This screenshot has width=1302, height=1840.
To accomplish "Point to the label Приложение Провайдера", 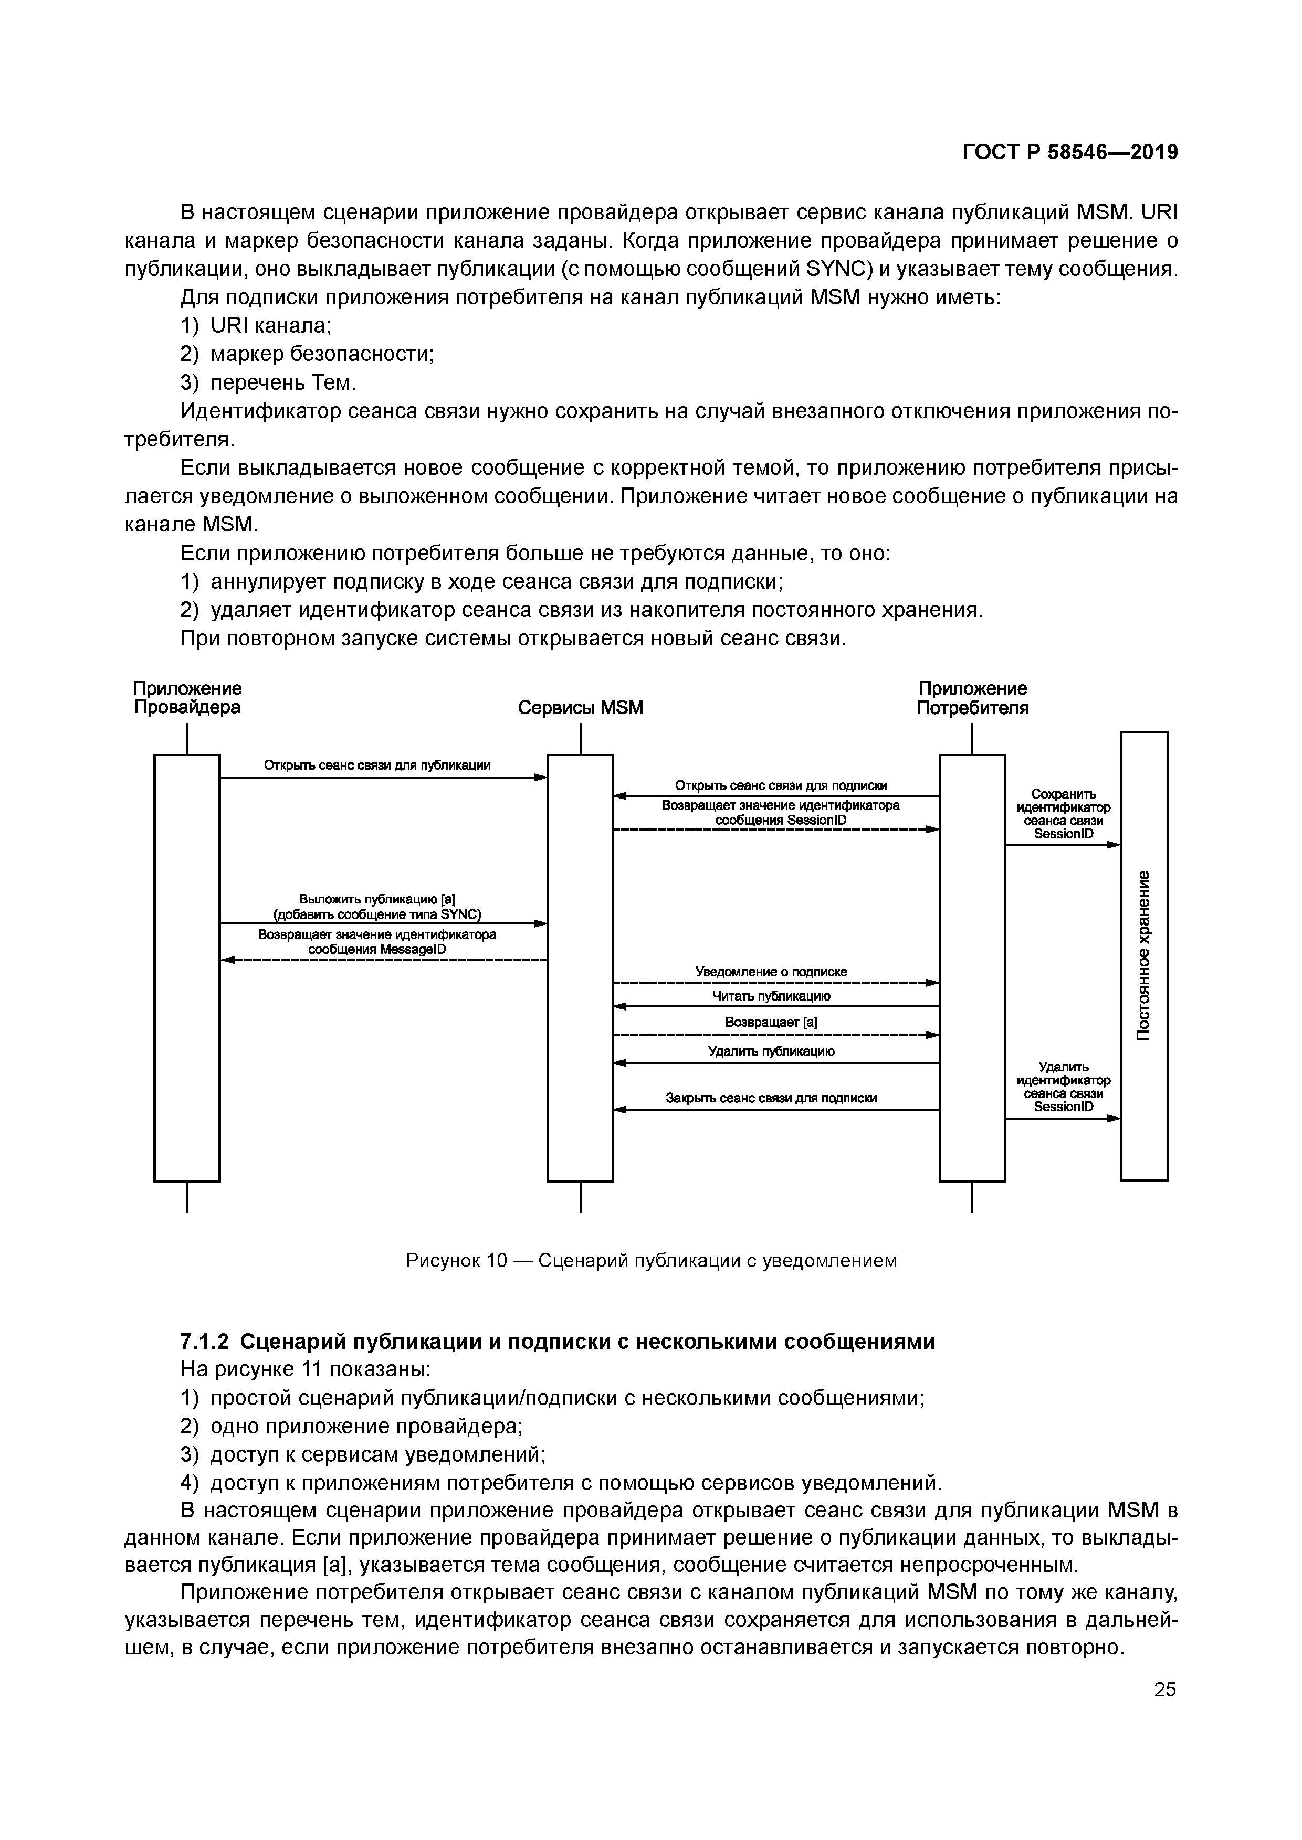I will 187,698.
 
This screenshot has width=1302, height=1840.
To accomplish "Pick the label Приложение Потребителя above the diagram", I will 972,698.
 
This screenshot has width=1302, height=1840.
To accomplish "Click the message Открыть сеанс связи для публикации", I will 377,765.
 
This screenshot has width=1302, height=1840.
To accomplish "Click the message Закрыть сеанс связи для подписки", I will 771,1098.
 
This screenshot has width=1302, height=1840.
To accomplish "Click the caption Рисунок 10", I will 456,1261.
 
